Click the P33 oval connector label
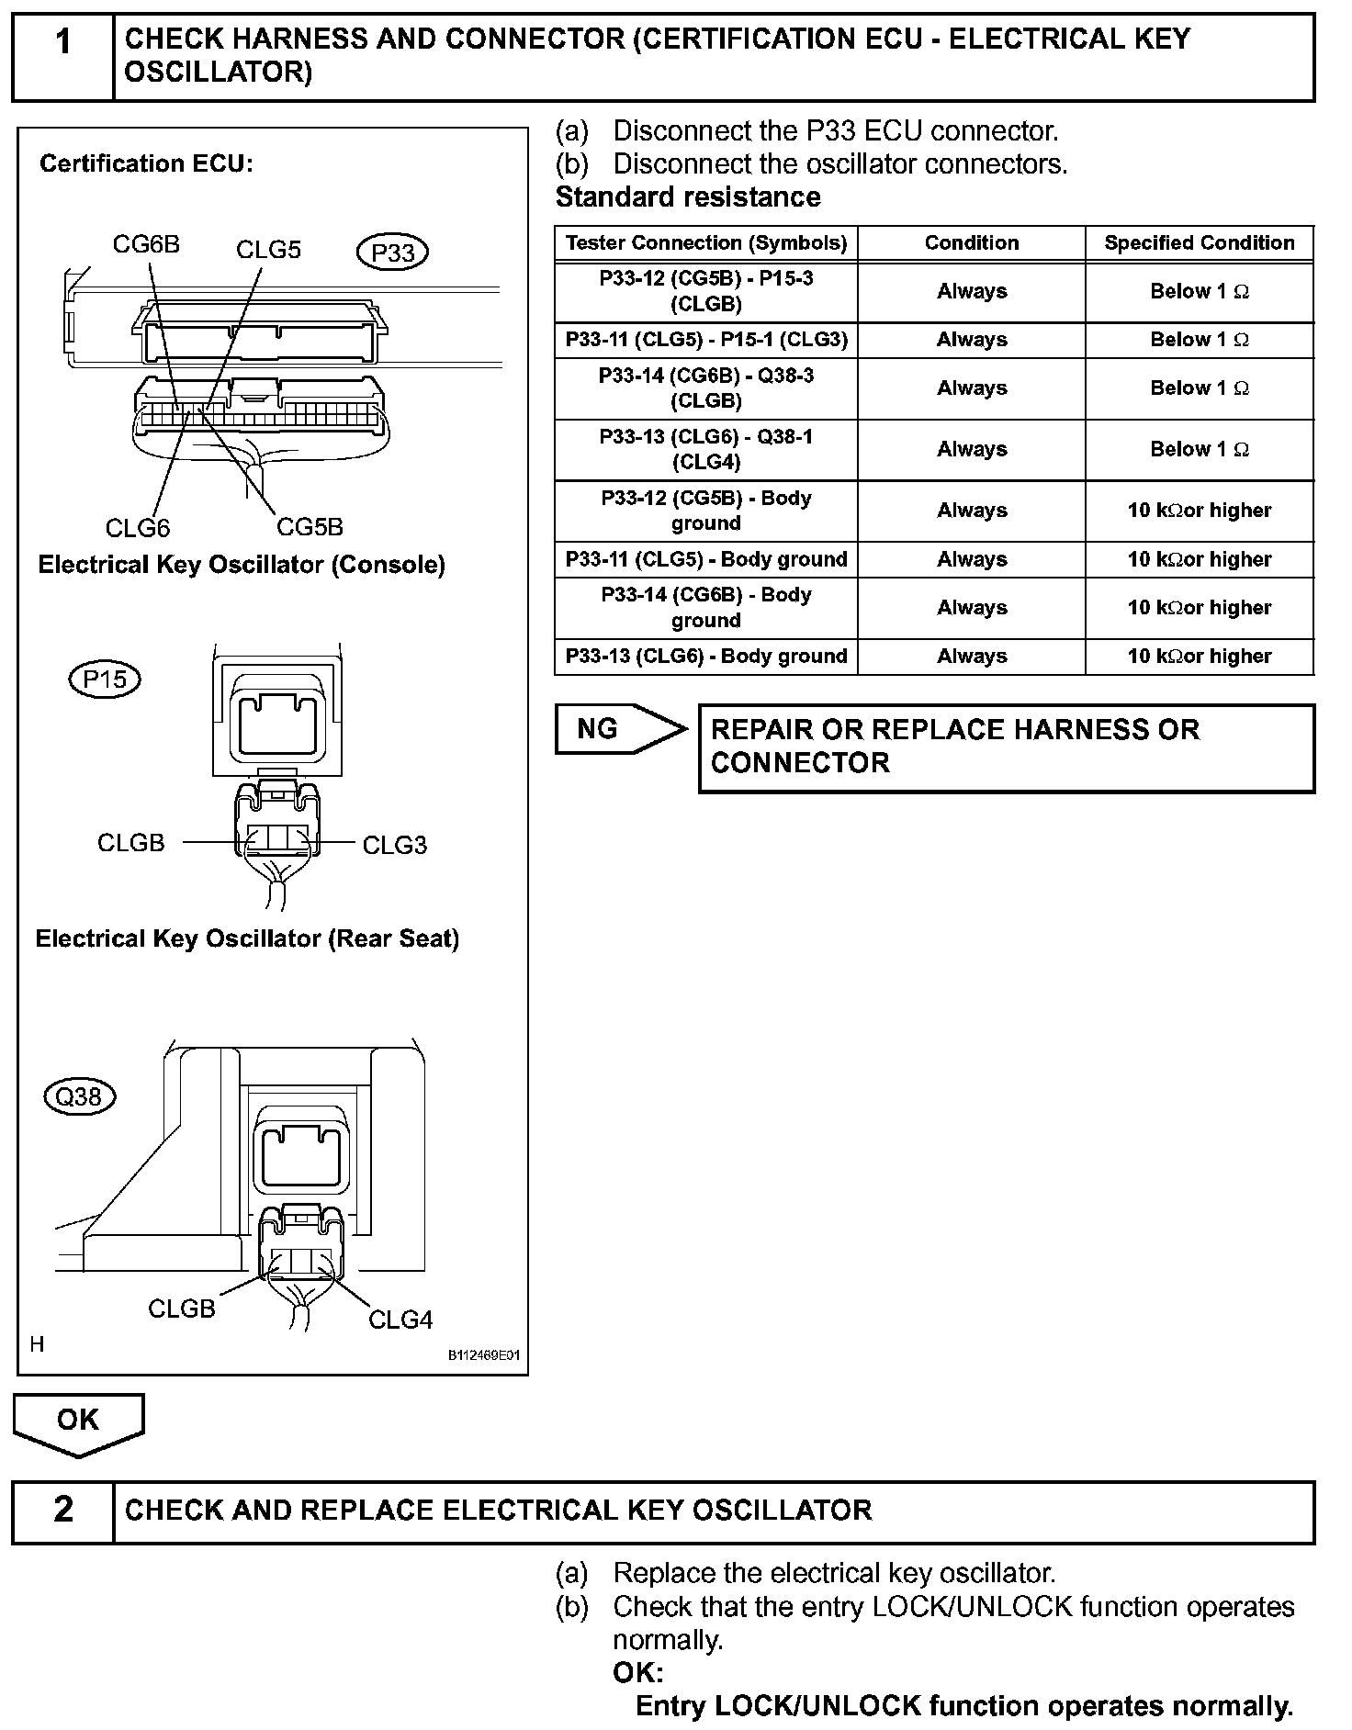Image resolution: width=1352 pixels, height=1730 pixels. point(392,253)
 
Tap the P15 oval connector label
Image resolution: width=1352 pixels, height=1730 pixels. point(105,680)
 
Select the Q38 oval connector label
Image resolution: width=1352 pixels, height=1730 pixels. point(80,1096)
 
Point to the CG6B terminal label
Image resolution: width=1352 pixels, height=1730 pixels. point(146,244)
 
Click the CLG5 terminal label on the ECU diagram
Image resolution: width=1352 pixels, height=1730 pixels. point(268,250)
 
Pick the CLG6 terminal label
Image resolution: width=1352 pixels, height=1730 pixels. point(138,528)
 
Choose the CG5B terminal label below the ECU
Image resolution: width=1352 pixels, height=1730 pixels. point(310,527)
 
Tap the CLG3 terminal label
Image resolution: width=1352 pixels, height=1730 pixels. point(395,845)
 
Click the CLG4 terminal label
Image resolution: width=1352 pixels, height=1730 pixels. point(400,1320)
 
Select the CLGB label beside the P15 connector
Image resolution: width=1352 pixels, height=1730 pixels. point(131,843)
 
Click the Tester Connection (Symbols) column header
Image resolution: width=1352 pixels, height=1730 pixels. point(705,243)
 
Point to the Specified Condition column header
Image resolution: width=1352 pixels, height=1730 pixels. point(1199,243)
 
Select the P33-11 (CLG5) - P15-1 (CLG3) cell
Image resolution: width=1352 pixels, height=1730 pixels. point(705,340)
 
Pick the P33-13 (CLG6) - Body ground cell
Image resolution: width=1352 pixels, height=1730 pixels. point(705,657)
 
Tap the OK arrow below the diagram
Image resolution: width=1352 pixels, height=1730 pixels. point(78,1422)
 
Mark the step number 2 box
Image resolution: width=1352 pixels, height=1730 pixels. point(62,1511)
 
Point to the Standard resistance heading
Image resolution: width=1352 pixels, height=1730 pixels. point(688,197)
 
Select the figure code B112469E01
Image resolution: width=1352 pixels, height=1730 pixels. point(484,1355)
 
